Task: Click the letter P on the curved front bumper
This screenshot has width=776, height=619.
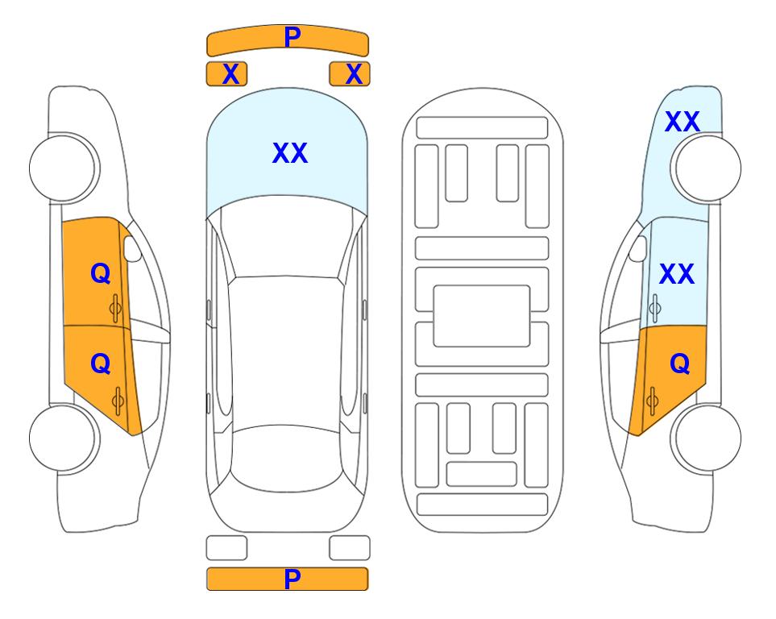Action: point(292,36)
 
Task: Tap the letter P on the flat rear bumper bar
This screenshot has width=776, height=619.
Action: point(292,579)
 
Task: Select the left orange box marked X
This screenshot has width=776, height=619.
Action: point(226,74)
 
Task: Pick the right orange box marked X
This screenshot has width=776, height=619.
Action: point(350,74)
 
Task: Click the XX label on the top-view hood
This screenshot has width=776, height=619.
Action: point(290,153)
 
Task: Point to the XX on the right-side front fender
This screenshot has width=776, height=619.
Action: point(682,122)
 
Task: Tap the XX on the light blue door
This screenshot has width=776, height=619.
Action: point(677,274)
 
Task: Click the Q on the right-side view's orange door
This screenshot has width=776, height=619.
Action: point(679,364)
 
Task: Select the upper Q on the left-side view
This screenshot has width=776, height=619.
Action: point(101,273)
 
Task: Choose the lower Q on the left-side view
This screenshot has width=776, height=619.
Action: point(101,364)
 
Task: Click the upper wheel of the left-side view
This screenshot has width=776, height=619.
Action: point(63,168)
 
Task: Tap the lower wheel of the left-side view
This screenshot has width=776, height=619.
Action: point(63,438)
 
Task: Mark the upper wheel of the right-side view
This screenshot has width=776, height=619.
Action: point(708,168)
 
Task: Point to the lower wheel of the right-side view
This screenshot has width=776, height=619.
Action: point(708,438)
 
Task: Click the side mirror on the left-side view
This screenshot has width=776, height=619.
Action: point(132,248)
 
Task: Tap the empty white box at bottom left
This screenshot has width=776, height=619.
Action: point(226,548)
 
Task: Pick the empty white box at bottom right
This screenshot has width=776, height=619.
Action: point(350,548)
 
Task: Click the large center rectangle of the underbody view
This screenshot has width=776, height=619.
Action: point(482,316)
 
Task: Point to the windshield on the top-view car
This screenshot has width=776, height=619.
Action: point(287,238)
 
